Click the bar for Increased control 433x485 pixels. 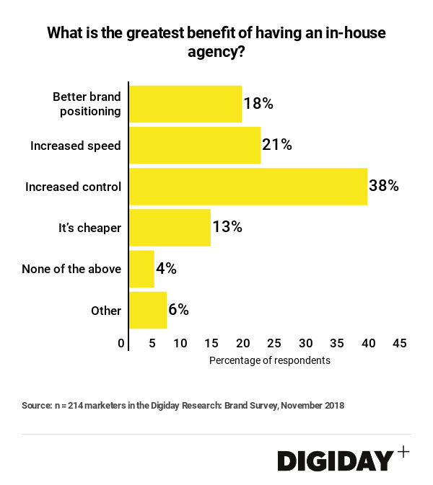[x=248, y=186]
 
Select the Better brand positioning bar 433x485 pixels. [x=185, y=103]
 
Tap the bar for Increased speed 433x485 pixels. [x=194, y=145]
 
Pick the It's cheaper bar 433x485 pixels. [x=170, y=228]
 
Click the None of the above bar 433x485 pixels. [x=141, y=269]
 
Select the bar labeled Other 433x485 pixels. [x=148, y=311]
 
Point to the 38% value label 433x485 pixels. [x=384, y=186]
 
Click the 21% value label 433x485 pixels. [x=277, y=145]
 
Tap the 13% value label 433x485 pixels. [x=227, y=228]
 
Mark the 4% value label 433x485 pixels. [x=166, y=269]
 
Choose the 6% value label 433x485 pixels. [x=178, y=311]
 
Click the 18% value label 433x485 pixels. [x=258, y=103]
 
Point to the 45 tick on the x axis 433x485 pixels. [x=399, y=343]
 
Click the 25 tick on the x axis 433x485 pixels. [x=274, y=343]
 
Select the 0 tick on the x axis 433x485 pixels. [x=121, y=343]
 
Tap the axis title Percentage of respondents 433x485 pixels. [x=269, y=360]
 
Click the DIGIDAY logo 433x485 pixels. [x=335, y=460]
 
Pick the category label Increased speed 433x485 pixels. [x=75, y=146]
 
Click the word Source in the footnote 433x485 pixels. [x=36, y=406]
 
